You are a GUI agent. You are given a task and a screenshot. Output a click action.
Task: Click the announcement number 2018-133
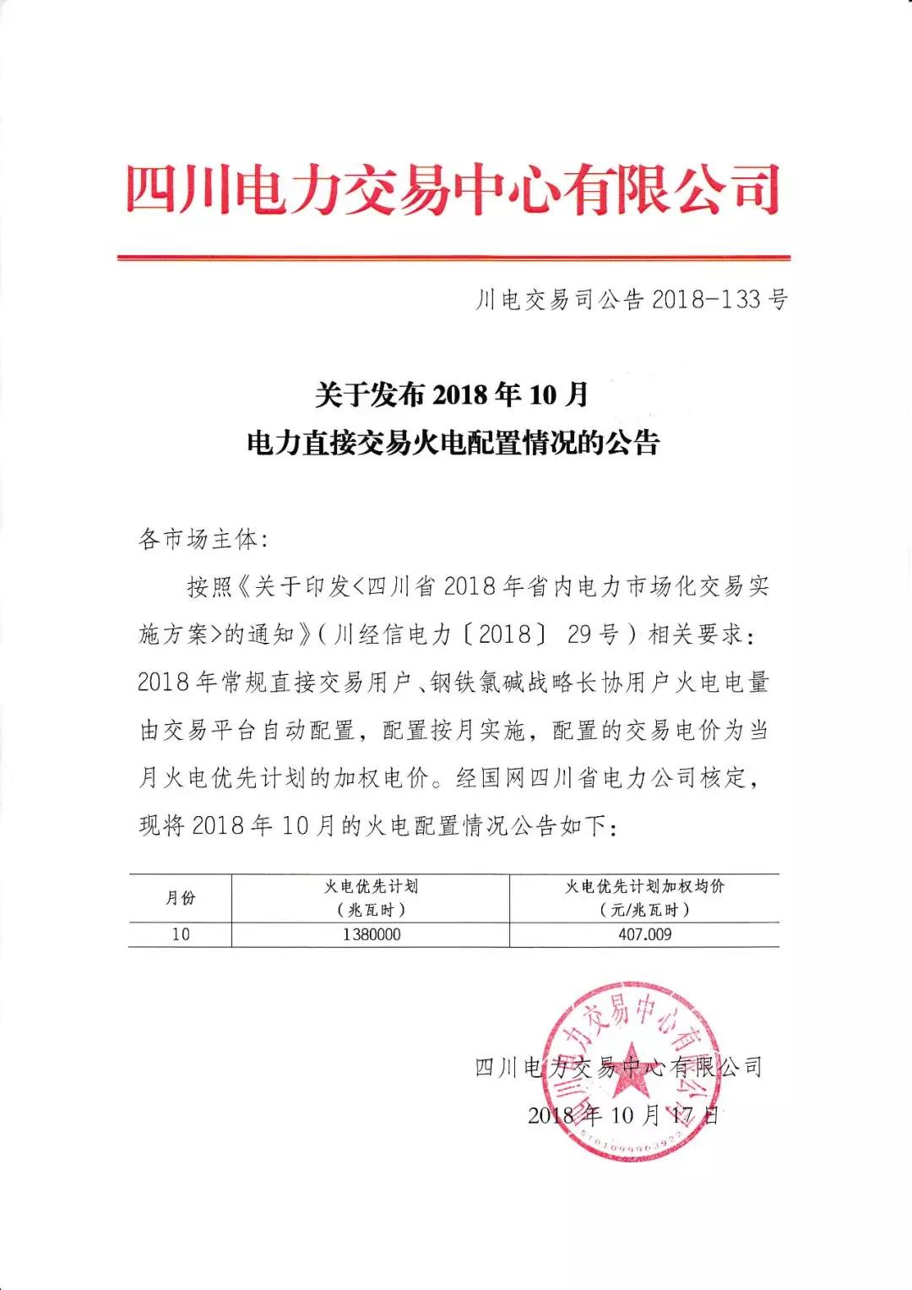point(630,299)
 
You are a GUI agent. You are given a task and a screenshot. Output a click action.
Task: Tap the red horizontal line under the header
point(453,257)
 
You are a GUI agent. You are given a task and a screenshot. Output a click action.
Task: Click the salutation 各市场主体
point(203,539)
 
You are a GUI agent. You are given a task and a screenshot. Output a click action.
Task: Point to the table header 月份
point(180,898)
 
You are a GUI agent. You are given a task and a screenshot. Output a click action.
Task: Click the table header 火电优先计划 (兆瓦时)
point(371,898)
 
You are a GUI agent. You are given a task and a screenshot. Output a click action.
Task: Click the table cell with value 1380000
point(372,935)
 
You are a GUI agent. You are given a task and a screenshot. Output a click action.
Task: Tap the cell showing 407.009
point(644,935)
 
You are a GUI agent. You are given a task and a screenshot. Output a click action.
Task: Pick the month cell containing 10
point(181,935)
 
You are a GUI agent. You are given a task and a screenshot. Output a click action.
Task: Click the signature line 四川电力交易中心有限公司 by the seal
point(618,1067)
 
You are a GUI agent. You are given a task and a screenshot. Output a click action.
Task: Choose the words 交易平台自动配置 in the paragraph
point(258,731)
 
